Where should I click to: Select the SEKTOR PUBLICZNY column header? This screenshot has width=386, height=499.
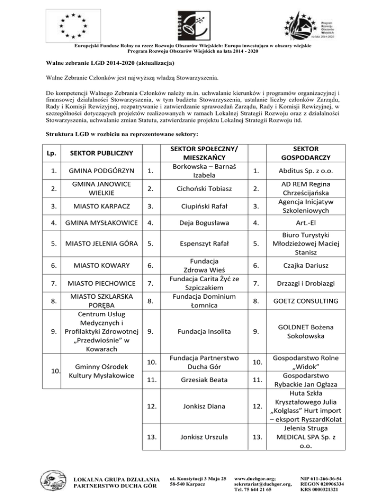[101, 152]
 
